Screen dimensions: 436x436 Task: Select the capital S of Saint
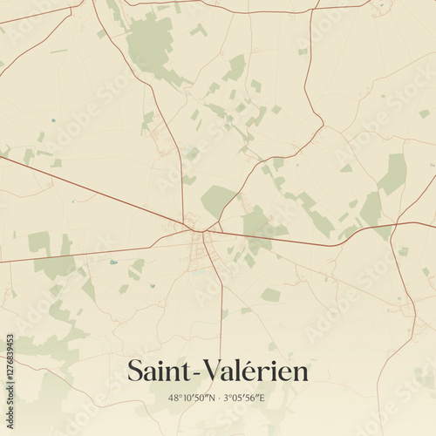[135, 371]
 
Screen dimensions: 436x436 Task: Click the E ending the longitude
[265, 397]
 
